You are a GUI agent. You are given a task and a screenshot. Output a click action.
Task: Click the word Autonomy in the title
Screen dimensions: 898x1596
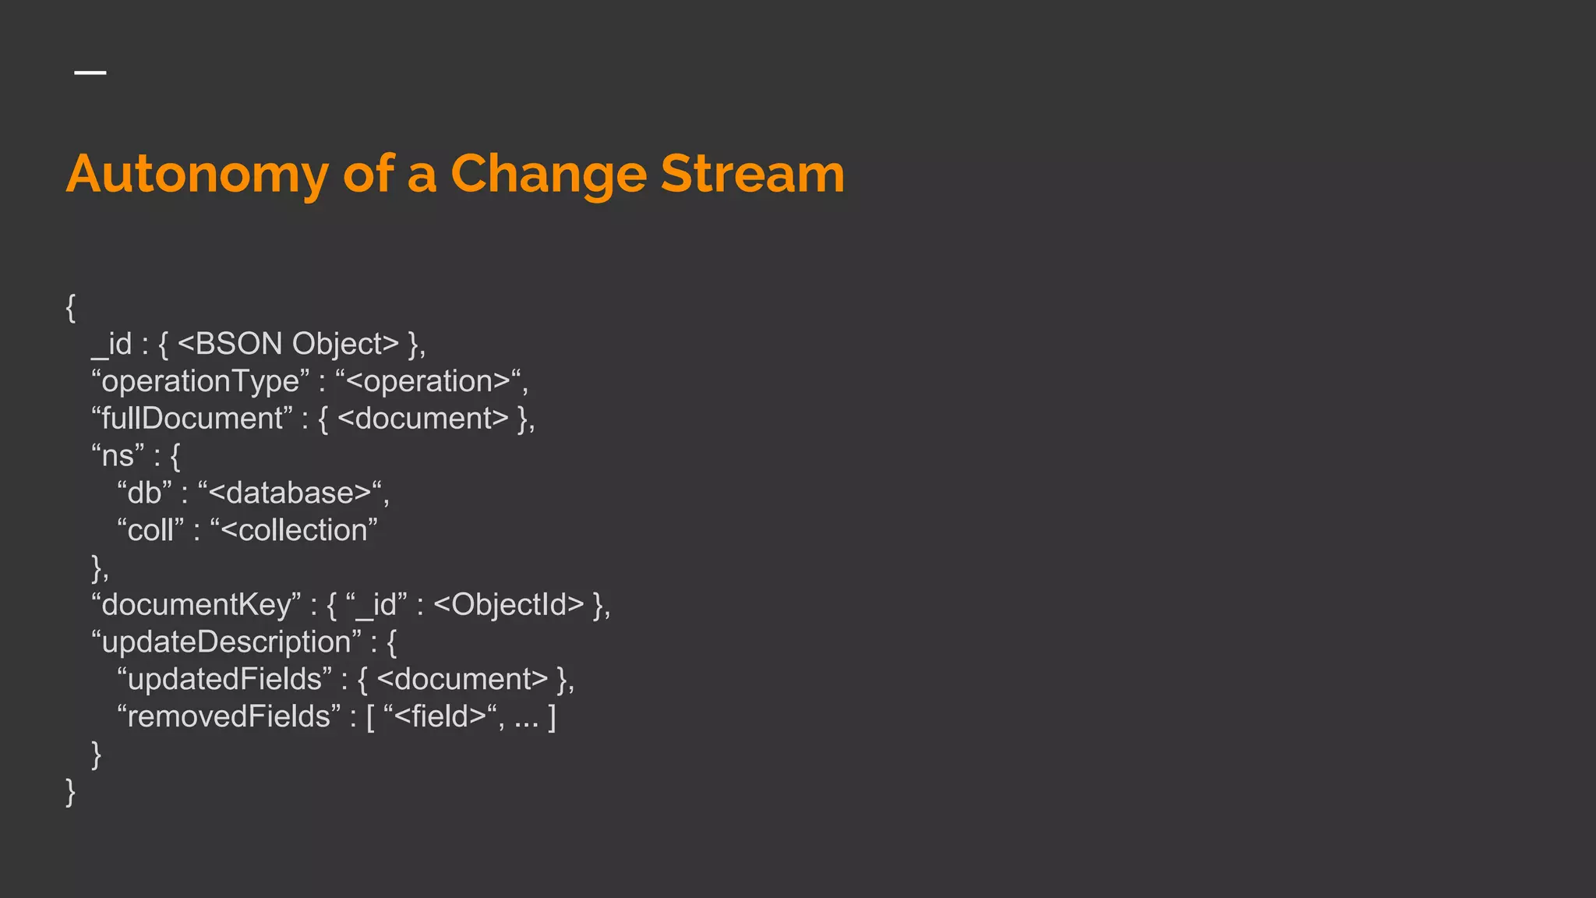pyautogui.click(x=197, y=175)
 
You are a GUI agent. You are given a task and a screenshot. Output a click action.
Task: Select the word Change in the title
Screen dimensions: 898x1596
pyautogui.click(x=548, y=175)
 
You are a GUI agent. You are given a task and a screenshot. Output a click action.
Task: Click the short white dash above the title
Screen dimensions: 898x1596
pyautogui.click(x=90, y=72)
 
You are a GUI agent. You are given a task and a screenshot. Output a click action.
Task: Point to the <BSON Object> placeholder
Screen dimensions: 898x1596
pyautogui.click(x=288, y=344)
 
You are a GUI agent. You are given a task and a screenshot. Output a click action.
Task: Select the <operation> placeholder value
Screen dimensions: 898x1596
pyautogui.click(x=428, y=381)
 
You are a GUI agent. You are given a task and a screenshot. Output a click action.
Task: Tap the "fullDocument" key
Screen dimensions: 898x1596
pyautogui.click(x=192, y=419)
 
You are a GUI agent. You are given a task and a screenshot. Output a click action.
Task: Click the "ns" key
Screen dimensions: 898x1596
pyautogui.click(x=118, y=456)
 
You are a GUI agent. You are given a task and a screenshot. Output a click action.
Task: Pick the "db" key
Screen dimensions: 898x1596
pyautogui.click(x=144, y=493)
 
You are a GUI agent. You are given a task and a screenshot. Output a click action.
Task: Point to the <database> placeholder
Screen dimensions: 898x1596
pyautogui.click(x=289, y=493)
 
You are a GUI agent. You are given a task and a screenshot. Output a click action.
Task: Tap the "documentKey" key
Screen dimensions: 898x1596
pyautogui.click(x=196, y=605)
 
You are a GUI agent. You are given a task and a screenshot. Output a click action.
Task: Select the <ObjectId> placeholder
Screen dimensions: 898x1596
pyautogui.click(x=508, y=605)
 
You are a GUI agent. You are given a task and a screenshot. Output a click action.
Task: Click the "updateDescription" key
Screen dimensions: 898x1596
pyautogui.click(x=226, y=642)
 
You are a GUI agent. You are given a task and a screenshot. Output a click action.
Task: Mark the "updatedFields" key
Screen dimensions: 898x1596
pyautogui.click(x=224, y=679)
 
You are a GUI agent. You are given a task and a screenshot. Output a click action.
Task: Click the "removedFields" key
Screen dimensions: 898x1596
pyautogui.click(x=228, y=716)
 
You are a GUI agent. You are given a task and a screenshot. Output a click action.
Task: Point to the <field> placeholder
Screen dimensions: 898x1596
pyautogui.click(x=440, y=716)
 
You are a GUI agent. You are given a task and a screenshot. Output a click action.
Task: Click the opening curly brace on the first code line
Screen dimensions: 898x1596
pyautogui.click(x=71, y=308)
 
